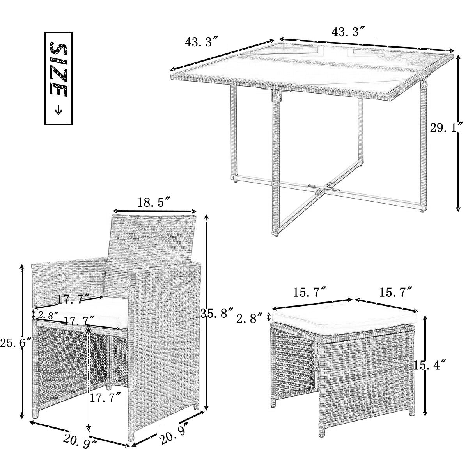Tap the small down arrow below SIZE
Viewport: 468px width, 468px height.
(58, 110)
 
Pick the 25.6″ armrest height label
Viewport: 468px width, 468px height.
(16, 344)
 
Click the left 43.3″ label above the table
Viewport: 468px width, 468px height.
(202, 42)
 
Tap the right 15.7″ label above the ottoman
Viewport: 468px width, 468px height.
(396, 292)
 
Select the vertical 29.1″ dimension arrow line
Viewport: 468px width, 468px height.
(458, 133)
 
